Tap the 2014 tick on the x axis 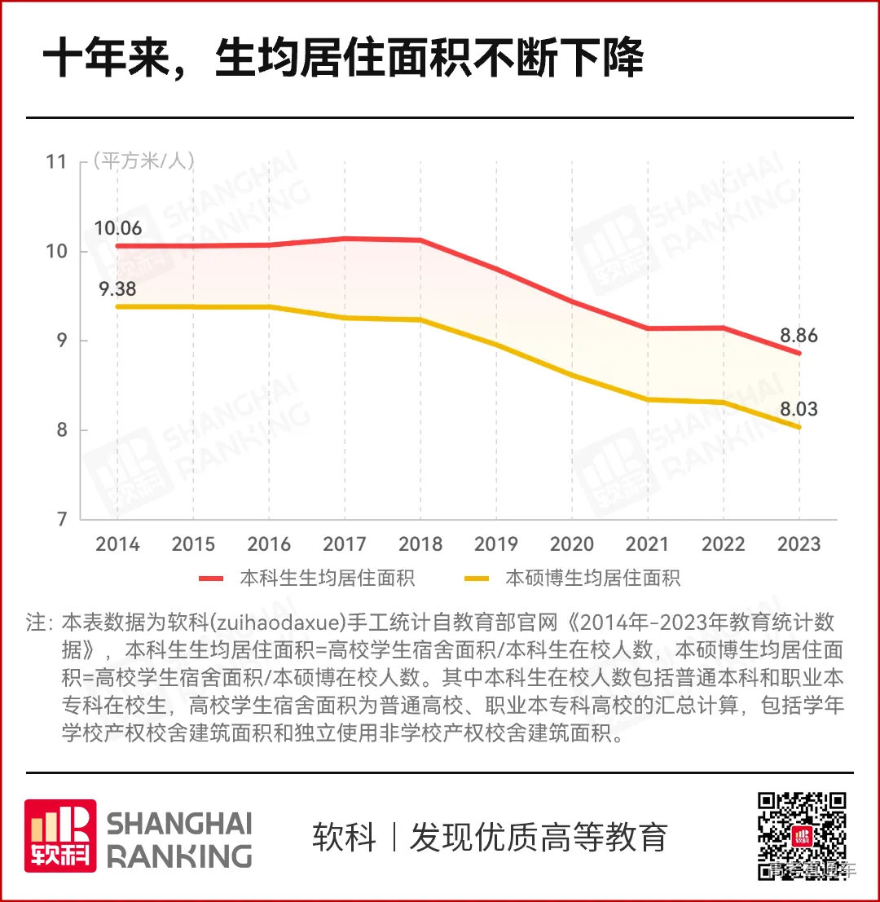coord(117,543)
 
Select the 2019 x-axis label coord(496,543)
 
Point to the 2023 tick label coord(799,543)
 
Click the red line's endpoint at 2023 coord(799,353)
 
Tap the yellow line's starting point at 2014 coord(117,306)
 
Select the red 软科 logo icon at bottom coord(60,836)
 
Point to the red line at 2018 coord(420,240)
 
